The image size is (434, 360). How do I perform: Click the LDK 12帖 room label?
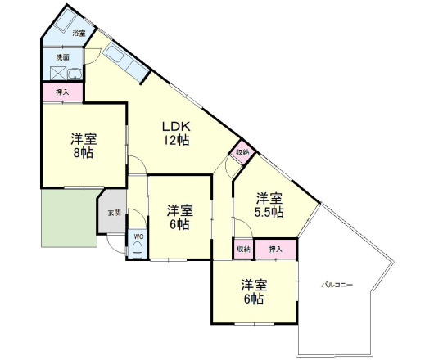pyautogui.click(x=176, y=133)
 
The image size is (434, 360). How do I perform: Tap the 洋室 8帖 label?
pyautogui.click(x=84, y=146)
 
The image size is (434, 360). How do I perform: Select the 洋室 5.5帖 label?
pyautogui.click(x=269, y=205)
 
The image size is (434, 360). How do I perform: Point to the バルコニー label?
pyautogui.click(x=337, y=285)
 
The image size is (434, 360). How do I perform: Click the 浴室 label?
pyautogui.click(x=79, y=34)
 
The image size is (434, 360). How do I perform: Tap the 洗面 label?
pyautogui.click(x=62, y=57)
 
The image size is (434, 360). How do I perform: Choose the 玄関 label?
pyautogui.click(x=115, y=213)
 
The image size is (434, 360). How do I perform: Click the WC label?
pyautogui.click(x=138, y=236)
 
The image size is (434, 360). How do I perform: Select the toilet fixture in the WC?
pyautogui.click(x=138, y=250)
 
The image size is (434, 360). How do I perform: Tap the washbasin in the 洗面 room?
pyautogui.click(x=75, y=74)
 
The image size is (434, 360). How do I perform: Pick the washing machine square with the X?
pyautogui.click(x=58, y=74)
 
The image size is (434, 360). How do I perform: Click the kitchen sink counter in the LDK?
pyautogui.click(x=126, y=62)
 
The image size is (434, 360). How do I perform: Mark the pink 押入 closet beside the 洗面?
pyautogui.click(x=62, y=92)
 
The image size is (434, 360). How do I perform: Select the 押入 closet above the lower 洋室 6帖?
pyautogui.click(x=276, y=250)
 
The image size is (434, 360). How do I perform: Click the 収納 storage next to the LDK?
pyautogui.click(x=242, y=152)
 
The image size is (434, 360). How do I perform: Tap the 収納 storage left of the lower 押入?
pyautogui.click(x=244, y=249)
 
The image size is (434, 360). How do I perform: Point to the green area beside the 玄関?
pyautogui.click(x=69, y=218)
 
